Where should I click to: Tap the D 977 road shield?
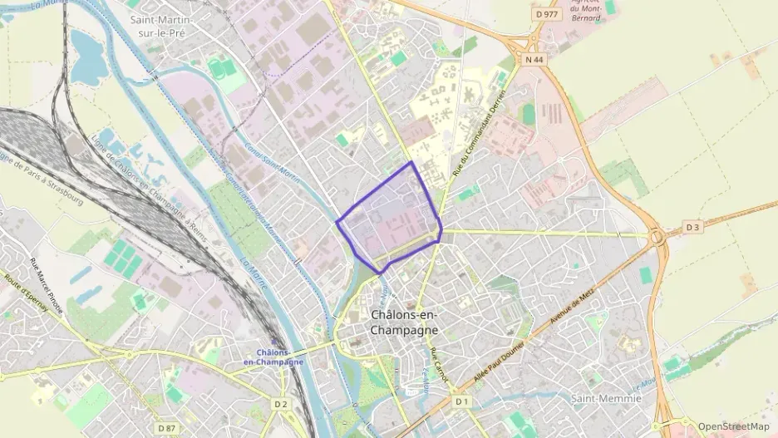coord(546,14)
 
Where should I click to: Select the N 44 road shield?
coord(534,60)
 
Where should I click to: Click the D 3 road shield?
coord(693,227)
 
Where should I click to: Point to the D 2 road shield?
coord(280,405)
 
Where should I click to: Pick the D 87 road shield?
coord(166,428)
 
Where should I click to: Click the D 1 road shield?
coord(462,401)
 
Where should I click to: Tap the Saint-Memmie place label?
coord(607,399)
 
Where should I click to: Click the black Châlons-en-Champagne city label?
coord(404,322)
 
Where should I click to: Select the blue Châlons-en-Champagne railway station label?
coord(273,357)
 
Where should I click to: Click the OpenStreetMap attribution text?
coord(734,426)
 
